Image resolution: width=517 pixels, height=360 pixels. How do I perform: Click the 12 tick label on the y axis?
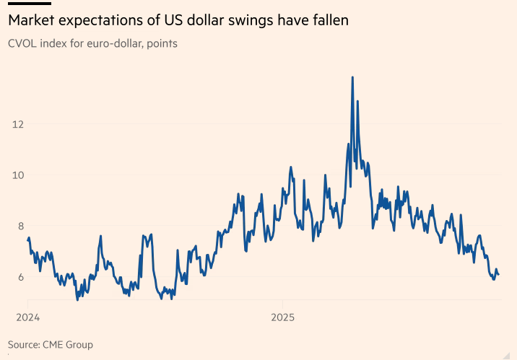18,124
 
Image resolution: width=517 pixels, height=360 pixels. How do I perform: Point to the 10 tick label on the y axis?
18,175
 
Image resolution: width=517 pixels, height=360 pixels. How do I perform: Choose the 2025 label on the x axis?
282,317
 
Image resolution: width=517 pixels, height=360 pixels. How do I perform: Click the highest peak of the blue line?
352,77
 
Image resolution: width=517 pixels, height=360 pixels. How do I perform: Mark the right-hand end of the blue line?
498,275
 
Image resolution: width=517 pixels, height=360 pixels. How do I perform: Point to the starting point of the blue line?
27,240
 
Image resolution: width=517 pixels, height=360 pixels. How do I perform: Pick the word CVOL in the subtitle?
23,43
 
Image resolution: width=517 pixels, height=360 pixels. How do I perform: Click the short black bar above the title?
29,3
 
